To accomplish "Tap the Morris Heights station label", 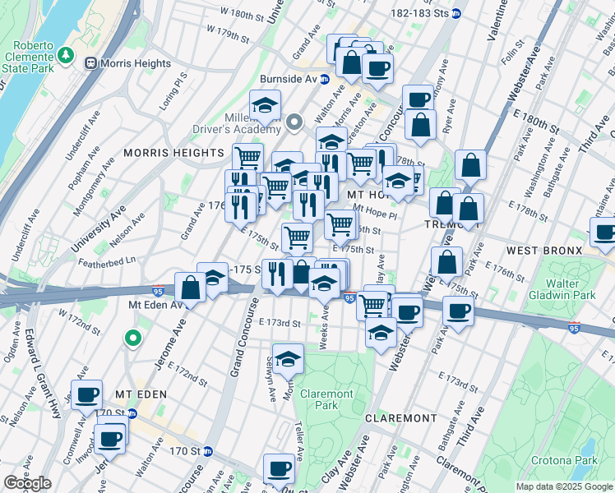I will click(134, 63).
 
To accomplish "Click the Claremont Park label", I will click(326, 399).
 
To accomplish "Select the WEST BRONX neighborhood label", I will click(544, 250).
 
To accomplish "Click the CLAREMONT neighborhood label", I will click(401, 418).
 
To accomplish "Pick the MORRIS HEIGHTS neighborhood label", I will click(173, 153).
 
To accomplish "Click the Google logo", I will click(27, 483).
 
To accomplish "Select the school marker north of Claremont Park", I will click(287, 358).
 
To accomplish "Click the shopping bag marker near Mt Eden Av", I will click(190, 288).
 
